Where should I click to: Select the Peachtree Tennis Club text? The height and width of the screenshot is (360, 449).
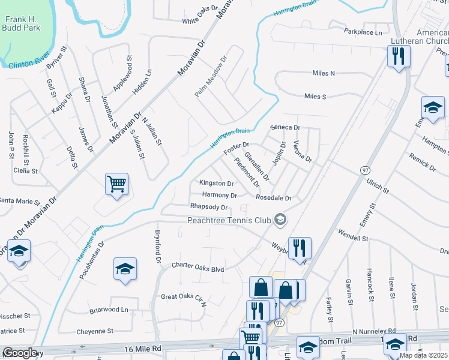tap(230, 220)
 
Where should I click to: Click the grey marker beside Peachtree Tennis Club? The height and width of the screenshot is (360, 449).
tap(280, 220)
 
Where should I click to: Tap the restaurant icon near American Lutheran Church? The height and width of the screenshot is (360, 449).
tap(399, 56)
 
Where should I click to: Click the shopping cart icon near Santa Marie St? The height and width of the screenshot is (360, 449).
tap(116, 184)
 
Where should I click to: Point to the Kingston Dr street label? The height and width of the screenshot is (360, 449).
tap(216, 183)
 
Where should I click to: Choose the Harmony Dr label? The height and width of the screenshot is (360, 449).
tap(219, 195)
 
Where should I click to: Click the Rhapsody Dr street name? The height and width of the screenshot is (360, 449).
tap(208, 207)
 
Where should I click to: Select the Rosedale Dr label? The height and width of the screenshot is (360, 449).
tap(273, 197)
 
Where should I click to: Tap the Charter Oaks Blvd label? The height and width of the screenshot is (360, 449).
tap(197, 269)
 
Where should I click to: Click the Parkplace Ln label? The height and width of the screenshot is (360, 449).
tap(363, 31)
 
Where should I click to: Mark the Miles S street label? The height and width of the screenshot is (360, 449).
tap(315, 96)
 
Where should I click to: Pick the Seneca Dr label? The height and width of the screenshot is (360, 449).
tap(285, 127)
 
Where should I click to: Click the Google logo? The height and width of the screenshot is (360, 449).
tap(20, 353)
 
